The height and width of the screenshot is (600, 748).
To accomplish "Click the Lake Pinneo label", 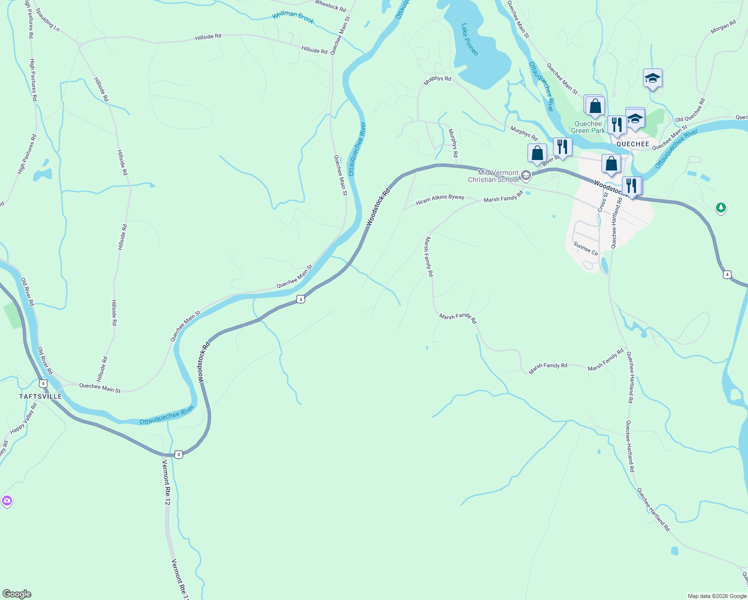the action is pyautogui.click(x=470, y=39).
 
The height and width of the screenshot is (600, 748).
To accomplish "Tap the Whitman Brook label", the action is pyautogui.click(x=293, y=17).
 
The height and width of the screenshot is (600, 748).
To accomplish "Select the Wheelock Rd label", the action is pyautogui.click(x=330, y=6).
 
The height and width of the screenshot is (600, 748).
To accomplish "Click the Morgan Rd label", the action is pyautogui.click(x=723, y=27).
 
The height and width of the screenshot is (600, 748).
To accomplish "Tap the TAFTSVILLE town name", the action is pyautogui.click(x=40, y=396).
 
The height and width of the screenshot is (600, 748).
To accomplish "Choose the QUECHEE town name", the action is pyautogui.click(x=632, y=144).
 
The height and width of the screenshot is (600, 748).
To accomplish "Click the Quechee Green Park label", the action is pyautogui.click(x=588, y=127).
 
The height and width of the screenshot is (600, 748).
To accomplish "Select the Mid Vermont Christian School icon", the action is pyautogui.click(x=525, y=175).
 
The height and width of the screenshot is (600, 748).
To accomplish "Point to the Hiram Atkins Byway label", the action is pyautogui.click(x=440, y=199).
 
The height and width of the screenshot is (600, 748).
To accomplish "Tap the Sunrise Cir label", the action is pyautogui.click(x=585, y=248).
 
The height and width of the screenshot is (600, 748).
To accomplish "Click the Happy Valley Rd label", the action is pyautogui.click(x=23, y=418).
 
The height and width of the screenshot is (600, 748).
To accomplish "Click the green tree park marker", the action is pyautogui.click(x=720, y=207).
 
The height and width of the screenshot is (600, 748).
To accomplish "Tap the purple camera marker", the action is pyautogui.click(x=6, y=500).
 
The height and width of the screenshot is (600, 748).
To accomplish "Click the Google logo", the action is pyautogui.click(x=16, y=594).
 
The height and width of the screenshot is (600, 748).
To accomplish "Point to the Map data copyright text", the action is pyautogui.click(x=717, y=596).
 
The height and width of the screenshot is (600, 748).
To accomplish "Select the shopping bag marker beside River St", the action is pyautogui.click(x=537, y=153).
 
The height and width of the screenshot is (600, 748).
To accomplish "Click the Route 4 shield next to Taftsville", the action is pyautogui.click(x=43, y=383).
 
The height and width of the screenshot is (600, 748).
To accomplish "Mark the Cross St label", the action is pyautogui.click(x=602, y=201).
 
